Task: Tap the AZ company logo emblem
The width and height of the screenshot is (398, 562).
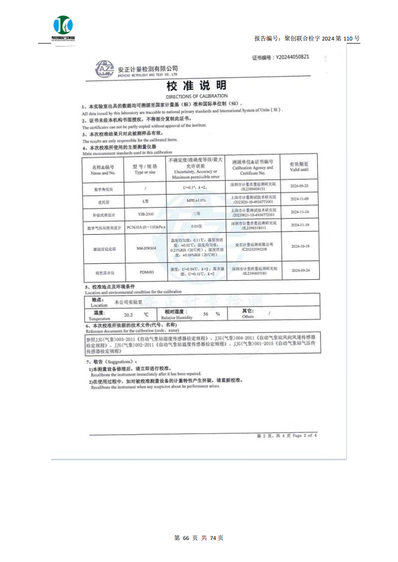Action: (104, 69)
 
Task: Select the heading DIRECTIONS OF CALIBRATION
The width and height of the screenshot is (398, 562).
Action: (196, 96)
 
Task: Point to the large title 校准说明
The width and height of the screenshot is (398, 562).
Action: (196, 85)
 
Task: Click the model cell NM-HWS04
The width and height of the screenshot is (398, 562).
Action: (146, 247)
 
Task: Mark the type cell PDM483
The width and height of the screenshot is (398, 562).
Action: (146, 273)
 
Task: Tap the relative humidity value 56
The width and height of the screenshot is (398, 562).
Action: (206, 314)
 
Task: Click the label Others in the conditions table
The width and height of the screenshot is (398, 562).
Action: (248, 317)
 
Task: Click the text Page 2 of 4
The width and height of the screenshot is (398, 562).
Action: (304, 436)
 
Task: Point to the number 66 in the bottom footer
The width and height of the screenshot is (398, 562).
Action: (185, 538)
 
